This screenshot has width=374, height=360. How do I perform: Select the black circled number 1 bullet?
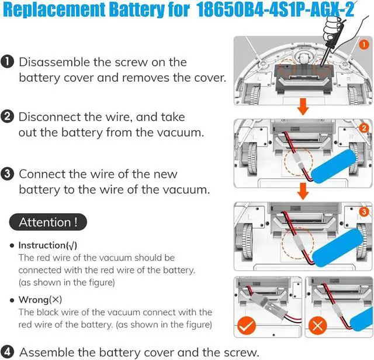tap(8, 62)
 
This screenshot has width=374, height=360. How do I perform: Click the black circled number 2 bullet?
tap(8, 117)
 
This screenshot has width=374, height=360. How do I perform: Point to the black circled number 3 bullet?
tap(8, 174)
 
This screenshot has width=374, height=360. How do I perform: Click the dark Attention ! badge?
tap(49, 222)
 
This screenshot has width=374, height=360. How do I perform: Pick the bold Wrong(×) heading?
tap(40, 300)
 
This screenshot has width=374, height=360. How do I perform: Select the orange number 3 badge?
tap(362, 212)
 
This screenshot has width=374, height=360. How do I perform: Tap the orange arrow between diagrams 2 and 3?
tap(302, 191)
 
